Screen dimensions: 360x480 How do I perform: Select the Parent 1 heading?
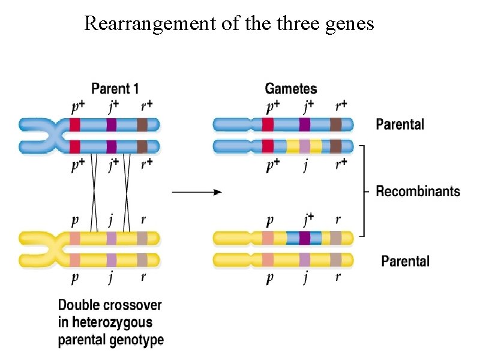(115, 89)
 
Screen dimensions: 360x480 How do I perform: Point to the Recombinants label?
(418, 191)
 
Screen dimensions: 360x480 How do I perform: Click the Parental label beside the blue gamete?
(400, 124)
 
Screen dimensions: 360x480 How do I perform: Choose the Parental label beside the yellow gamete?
(406, 261)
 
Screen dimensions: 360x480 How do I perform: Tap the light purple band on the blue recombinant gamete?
(305, 146)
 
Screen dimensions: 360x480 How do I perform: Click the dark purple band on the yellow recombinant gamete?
(305, 238)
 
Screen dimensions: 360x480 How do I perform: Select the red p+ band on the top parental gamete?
(268, 125)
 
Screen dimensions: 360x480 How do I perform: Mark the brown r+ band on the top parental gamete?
(335, 125)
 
